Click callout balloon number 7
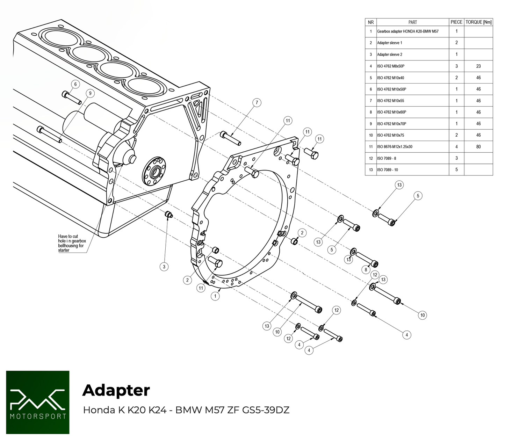click(x=257, y=102)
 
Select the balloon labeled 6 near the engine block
click(x=75, y=84)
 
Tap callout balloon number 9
click(x=90, y=93)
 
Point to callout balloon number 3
click(x=164, y=267)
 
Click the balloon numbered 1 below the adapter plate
click(x=215, y=296)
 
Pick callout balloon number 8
click(x=366, y=269)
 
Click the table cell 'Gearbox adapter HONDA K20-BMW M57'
click(x=408, y=31)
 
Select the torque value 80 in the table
click(x=478, y=147)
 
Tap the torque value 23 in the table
click(x=478, y=66)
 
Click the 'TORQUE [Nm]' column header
click(x=478, y=22)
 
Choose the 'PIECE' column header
click(x=456, y=22)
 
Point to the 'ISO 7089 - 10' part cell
click(x=388, y=170)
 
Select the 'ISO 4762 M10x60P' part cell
click(x=391, y=112)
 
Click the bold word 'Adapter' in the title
click(x=116, y=390)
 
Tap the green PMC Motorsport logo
click(x=38, y=403)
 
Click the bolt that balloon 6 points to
click(x=72, y=97)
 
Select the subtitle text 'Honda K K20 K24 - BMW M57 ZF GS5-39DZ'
click(x=186, y=410)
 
